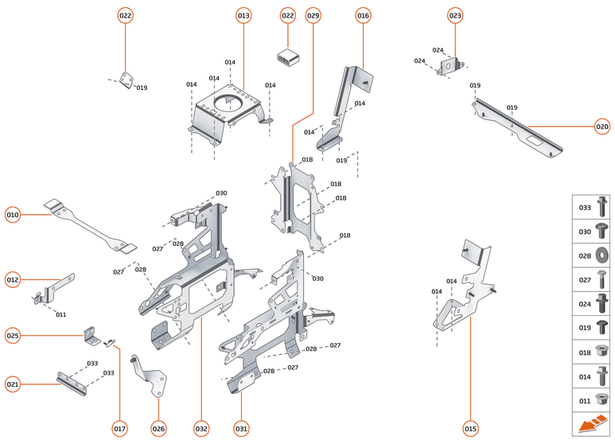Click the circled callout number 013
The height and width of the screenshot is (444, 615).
243,16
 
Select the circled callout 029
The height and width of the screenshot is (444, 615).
313,16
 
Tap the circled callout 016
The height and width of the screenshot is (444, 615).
363,16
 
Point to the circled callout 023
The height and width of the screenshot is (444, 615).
455,16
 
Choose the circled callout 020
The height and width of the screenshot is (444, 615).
602,126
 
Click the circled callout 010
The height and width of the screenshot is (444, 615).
13,215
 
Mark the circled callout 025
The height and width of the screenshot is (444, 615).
13,335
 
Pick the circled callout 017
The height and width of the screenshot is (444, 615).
119,429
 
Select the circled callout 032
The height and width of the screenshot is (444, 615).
201,429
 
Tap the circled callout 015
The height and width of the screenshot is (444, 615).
470,429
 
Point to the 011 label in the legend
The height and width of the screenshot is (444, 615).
584,400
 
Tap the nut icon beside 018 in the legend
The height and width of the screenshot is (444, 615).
602,352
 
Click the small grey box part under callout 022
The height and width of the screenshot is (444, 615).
286,56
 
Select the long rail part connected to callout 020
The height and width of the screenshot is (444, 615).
517,127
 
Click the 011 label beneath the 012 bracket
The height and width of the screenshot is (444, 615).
60,314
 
